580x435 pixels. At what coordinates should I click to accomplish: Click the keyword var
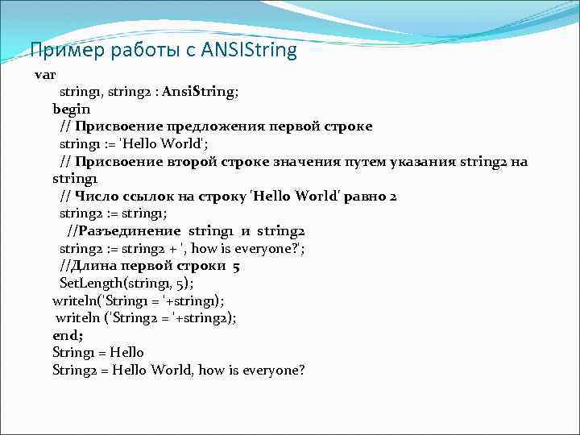tap(44, 74)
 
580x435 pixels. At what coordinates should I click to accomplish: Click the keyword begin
tap(72, 109)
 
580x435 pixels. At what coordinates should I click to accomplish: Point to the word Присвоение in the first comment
tap(119, 126)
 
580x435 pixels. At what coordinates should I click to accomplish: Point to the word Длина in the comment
tap(97, 266)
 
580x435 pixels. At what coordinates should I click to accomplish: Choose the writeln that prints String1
tap(74, 300)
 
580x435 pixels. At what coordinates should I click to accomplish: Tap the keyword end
tap(66, 335)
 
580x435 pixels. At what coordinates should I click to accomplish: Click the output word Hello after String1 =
tap(127, 353)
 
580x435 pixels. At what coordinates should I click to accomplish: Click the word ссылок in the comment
tap(151, 197)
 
